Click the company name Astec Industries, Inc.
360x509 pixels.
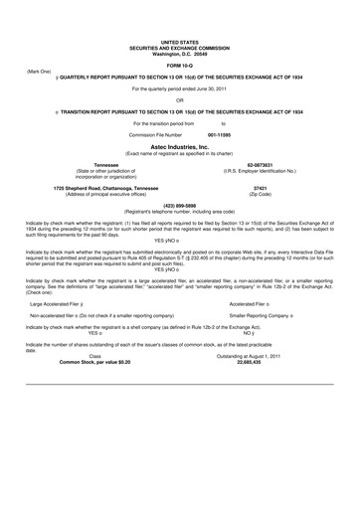[x=179, y=145]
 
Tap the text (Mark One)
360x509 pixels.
[x=39, y=73]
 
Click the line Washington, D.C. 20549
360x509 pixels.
[x=180, y=52]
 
